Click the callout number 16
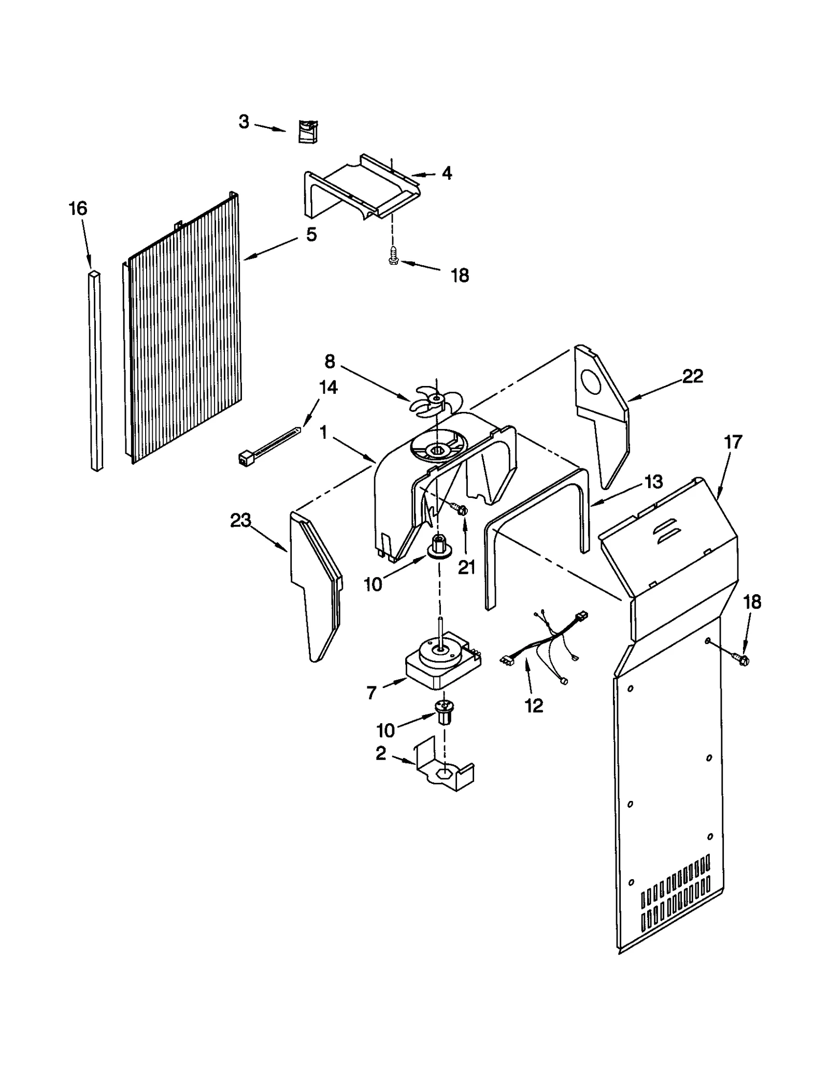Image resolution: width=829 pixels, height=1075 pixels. (78, 209)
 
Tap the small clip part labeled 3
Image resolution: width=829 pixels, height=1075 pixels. (308, 131)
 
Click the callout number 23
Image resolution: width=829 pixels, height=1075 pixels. (240, 520)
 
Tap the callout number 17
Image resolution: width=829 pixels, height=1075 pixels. (733, 442)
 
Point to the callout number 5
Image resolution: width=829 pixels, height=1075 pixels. (311, 235)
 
